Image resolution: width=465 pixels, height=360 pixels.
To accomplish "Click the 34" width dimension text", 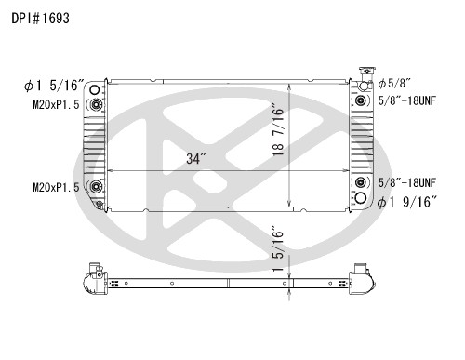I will tap(194, 158).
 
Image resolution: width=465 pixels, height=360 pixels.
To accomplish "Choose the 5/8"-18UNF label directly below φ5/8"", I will tap(406, 100).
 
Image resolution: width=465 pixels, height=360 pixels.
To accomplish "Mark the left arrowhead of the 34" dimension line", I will tap(110, 172).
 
